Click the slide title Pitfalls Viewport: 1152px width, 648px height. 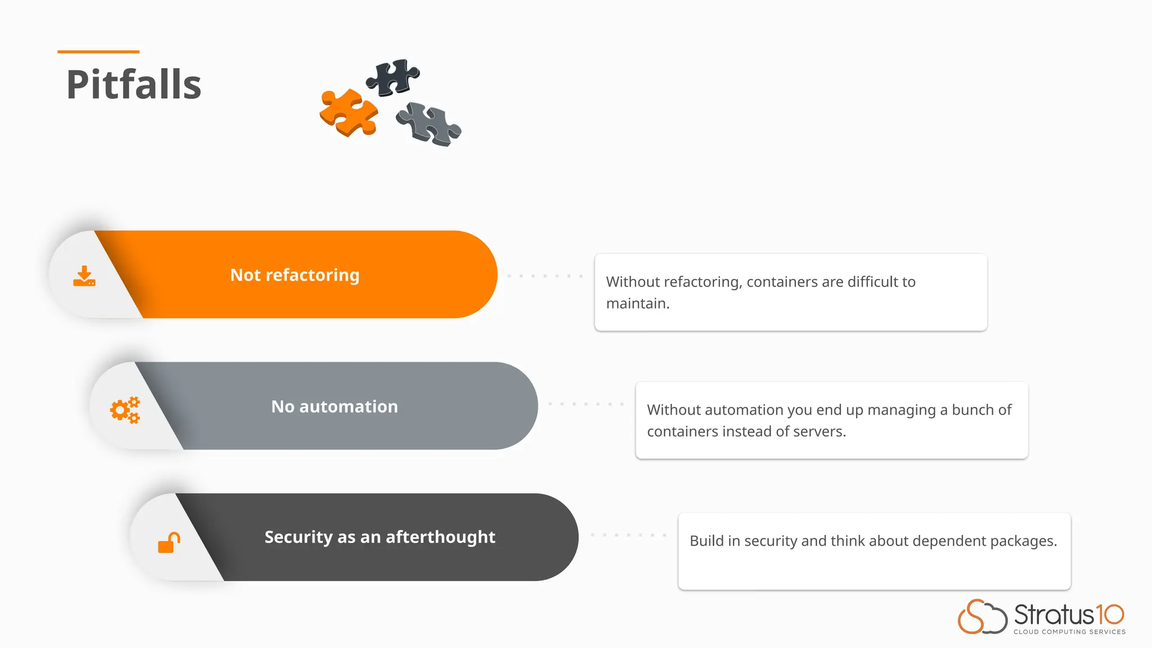tap(134, 85)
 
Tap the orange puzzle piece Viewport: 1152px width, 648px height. tap(348, 112)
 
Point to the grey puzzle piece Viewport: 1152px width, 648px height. tap(429, 123)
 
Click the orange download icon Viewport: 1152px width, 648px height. tap(84, 276)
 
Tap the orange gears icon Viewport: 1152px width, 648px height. tap(125, 409)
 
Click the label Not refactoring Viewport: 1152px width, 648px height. tap(295, 275)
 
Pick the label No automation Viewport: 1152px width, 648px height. tap(335, 407)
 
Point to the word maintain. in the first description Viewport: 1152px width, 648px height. tap(638, 304)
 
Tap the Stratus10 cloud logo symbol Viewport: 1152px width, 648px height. tap(982, 616)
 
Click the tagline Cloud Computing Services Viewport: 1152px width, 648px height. tap(1069, 632)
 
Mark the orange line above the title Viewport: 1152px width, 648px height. tap(98, 52)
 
